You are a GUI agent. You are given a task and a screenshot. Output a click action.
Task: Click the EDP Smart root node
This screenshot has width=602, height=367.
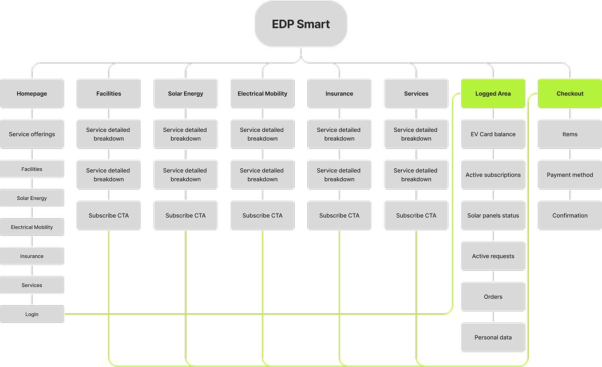point(300,24)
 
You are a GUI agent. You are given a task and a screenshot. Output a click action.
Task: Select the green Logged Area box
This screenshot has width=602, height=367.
point(493,93)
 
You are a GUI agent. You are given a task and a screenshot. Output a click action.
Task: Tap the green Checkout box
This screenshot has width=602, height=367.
point(569,93)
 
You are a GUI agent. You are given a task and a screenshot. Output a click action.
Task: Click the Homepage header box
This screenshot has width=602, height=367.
point(32,93)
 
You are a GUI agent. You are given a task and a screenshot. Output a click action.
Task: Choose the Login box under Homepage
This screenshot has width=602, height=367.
point(32,314)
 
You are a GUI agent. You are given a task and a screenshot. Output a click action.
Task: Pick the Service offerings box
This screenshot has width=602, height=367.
point(32,134)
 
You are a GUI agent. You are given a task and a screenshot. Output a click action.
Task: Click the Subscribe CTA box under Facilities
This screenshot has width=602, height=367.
point(109,215)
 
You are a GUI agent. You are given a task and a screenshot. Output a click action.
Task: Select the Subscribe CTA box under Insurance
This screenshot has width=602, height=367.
point(339,215)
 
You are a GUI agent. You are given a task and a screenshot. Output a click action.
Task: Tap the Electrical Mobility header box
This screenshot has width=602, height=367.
point(263,93)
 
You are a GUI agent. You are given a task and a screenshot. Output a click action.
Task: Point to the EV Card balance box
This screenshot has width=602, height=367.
point(493,134)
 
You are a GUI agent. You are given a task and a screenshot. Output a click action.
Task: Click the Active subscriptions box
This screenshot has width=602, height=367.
point(493,175)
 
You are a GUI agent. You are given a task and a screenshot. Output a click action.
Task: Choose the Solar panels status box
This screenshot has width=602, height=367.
point(493,215)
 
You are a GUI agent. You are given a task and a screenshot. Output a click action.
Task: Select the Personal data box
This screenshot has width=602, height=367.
point(493,337)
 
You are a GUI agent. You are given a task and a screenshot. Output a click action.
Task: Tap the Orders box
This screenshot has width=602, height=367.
point(493,297)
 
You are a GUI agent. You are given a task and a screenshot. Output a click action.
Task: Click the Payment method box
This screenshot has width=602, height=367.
point(569,175)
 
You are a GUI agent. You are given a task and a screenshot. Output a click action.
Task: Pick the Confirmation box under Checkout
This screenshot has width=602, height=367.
point(569,215)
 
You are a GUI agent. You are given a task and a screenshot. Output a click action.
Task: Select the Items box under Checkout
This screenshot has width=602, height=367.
point(569,134)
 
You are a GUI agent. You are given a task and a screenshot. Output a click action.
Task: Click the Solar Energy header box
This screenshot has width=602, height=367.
point(185,93)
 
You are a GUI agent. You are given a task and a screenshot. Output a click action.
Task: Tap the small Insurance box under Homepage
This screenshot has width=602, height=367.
point(32,256)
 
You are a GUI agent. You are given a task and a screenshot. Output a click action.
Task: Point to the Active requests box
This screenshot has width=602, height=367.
point(493,256)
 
